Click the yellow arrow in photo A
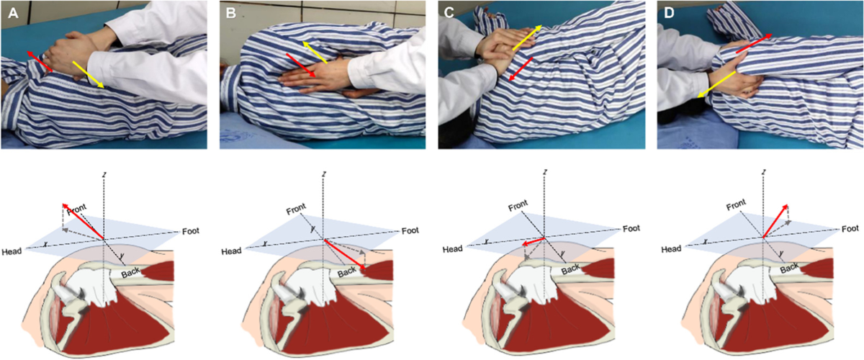[90, 74]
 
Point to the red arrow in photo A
[40, 62]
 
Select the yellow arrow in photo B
[316, 53]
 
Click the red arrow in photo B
[302, 66]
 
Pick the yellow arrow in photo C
[525, 37]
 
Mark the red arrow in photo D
[746, 45]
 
